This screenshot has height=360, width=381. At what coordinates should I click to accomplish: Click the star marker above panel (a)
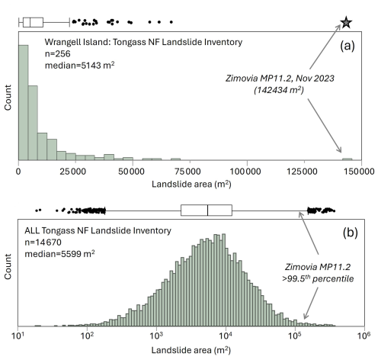pyautogui.click(x=346, y=22)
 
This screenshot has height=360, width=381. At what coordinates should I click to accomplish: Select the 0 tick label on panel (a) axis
pyautogui.click(x=18, y=172)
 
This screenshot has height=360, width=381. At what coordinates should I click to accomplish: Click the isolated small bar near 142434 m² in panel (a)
pyautogui.click(x=347, y=159)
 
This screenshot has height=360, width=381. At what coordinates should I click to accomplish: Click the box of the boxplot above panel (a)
pyautogui.click(x=33, y=22)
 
